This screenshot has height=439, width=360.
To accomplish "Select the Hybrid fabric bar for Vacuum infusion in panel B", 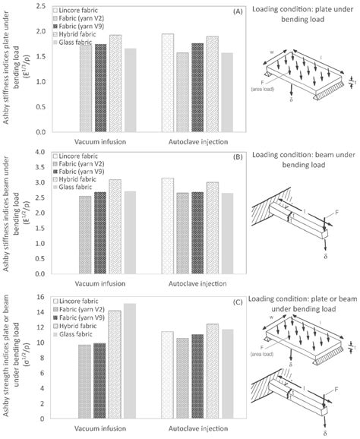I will [x=115, y=227].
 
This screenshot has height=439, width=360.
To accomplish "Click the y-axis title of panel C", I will [x=17, y=357].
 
